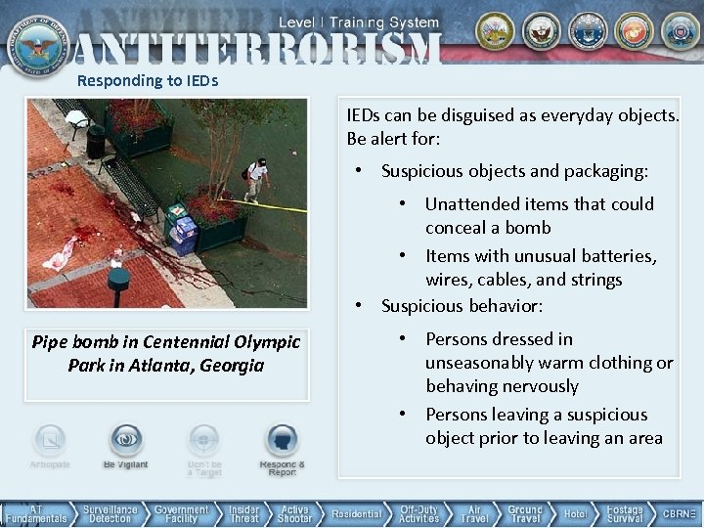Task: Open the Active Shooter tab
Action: tap(294, 514)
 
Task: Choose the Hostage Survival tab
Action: tap(624, 514)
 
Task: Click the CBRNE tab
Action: tap(679, 514)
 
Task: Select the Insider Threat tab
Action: tap(244, 514)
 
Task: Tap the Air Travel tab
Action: tap(474, 514)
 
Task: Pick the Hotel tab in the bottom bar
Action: tap(575, 514)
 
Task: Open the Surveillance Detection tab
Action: tap(110, 514)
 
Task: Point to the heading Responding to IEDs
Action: tap(148, 80)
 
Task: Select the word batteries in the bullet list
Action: tap(613, 256)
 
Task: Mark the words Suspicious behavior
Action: tap(462, 306)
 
